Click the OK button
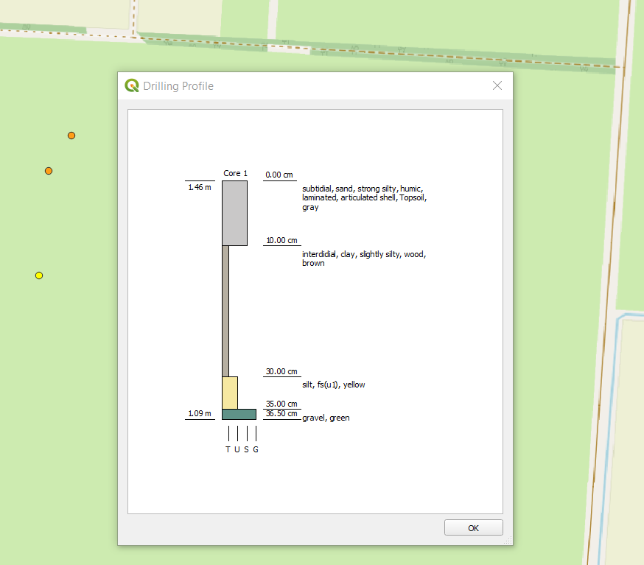[x=473, y=527]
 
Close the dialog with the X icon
[x=497, y=85]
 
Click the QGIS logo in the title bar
[x=132, y=85]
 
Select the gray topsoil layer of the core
[x=234, y=213]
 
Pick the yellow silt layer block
[x=230, y=393]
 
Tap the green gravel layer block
[x=239, y=414]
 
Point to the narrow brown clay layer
[x=225, y=311]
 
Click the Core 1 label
[x=235, y=173]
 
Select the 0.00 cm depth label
[x=279, y=175]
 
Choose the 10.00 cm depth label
[x=281, y=240]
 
